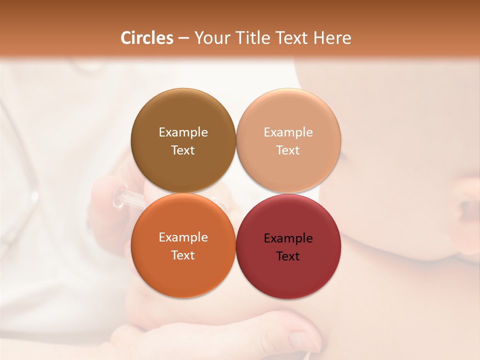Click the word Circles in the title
tap(147, 38)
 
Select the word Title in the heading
tap(254, 38)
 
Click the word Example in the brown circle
tap(183, 132)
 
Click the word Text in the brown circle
tap(183, 150)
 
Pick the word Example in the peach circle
tap(288, 132)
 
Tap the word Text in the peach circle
tap(288, 150)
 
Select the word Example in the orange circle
tap(183, 237)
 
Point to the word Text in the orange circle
tap(183, 255)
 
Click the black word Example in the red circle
tap(288, 238)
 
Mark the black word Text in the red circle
tap(288, 256)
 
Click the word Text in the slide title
tap(294, 38)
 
